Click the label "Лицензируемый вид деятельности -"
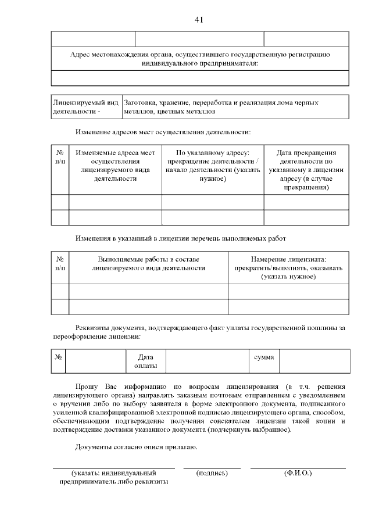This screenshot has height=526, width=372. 85,106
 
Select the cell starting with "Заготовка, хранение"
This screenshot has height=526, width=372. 221,106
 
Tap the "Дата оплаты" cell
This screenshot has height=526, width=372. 145,360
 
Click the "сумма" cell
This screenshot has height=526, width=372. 264,356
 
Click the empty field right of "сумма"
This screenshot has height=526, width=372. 314,360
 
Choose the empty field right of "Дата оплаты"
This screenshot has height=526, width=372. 207,360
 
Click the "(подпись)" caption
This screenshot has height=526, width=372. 212,474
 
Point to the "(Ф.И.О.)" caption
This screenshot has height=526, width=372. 298,474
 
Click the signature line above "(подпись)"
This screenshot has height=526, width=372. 212,467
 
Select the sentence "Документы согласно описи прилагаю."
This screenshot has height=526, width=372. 137,447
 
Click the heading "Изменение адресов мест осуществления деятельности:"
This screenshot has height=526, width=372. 163,133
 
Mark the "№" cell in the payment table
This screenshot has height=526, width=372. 59,356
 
